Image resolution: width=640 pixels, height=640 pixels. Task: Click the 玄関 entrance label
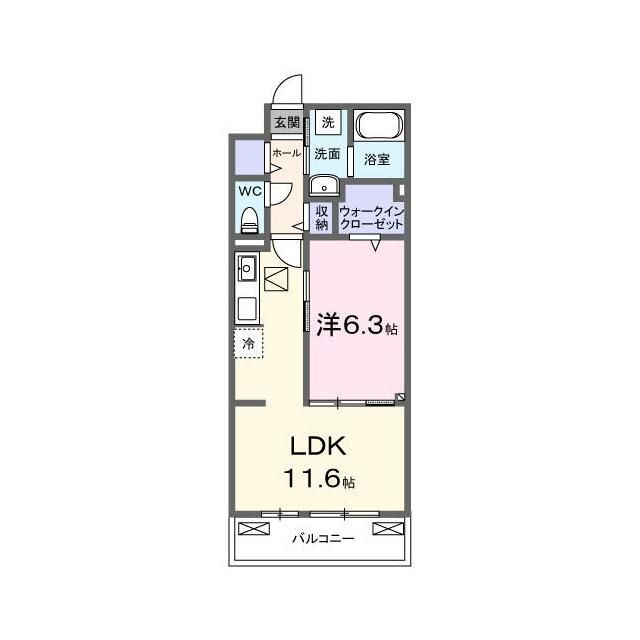[x=287, y=122]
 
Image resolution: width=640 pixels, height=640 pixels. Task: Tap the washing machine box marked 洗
[x=328, y=122]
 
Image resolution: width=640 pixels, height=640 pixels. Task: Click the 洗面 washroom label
[x=327, y=154]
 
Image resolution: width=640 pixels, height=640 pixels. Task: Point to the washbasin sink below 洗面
[x=324, y=186]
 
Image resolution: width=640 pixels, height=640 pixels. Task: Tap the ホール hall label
[x=287, y=153]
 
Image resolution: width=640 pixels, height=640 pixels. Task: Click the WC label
[x=250, y=191]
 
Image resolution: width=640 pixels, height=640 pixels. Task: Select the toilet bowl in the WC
[x=249, y=220]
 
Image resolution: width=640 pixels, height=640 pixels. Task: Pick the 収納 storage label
[x=322, y=218]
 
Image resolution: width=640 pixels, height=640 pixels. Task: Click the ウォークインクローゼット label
[x=371, y=218]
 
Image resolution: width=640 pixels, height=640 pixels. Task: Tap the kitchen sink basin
[x=248, y=268]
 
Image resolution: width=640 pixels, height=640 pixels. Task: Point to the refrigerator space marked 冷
[x=249, y=343]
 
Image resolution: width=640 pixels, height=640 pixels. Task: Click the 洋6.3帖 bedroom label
[x=357, y=325]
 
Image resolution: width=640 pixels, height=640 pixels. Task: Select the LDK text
[x=318, y=446]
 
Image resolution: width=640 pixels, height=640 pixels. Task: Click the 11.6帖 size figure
[x=319, y=478]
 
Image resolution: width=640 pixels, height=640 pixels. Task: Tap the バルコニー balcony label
[x=323, y=539]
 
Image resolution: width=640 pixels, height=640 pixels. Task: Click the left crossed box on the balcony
[x=254, y=529]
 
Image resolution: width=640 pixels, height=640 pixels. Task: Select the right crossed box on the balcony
[x=388, y=529]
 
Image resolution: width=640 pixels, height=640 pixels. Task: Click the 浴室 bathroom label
[x=377, y=159]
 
